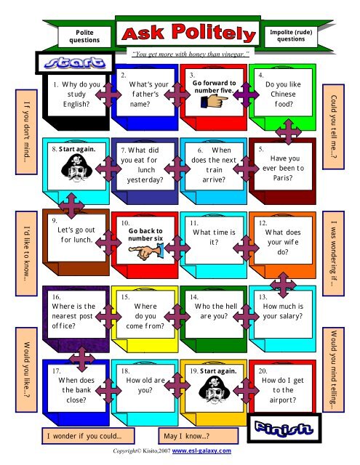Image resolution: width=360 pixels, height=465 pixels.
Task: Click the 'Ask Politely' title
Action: (x=189, y=33)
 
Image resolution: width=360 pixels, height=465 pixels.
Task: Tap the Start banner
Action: (x=74, y=62)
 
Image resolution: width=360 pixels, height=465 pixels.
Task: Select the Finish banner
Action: (x=284, y=428)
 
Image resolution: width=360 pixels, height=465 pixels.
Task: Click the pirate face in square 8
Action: (x=76, y=168)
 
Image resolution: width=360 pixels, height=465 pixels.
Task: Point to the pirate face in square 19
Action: (x=215, y=389)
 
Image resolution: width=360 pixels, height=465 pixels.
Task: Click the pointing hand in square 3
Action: (x=215, y=101)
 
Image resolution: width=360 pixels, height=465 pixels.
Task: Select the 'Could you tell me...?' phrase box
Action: (x=334, y=126)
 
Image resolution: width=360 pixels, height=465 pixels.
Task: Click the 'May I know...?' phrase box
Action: (x=199, y=436)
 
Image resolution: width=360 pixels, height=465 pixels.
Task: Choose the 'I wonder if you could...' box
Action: (x=88, y=436)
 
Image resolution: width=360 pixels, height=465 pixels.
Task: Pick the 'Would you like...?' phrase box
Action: (x=26, y=370)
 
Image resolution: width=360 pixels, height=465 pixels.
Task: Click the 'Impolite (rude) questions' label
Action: (x=291, y=36)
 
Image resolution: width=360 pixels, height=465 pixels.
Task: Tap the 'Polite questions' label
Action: (x=84, y=36)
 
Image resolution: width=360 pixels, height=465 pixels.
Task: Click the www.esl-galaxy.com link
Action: (x=201, y=450)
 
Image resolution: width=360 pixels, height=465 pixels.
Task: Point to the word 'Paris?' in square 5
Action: (x=283, y=178)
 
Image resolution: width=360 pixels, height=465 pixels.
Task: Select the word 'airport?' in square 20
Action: (x=283, y=400)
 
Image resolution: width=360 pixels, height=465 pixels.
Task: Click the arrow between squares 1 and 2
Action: (x=108, y=95)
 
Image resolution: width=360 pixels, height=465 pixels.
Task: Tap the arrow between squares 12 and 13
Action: (x=283, y=285)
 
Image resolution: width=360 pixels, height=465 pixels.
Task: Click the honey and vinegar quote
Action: (x=191, y=54)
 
